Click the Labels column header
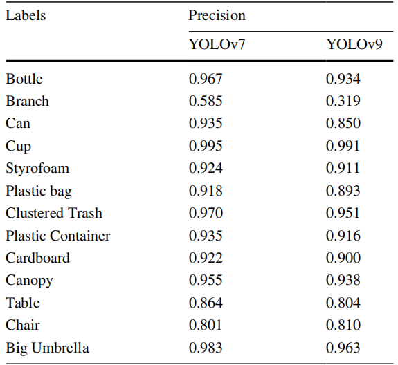(x=26, y=15)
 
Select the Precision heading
(x=217, y=15)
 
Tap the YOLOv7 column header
(x=217, y=44)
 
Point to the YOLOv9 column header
(x=354, y=44)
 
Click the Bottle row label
(x=24, y=79)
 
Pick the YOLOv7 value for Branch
(x=206, y=101)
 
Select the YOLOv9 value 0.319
(x=343, y=101)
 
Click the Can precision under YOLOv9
(x=343, y=123)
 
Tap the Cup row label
(x=18, y=147)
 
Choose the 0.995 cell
(x=206, y=146)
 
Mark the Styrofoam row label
(x=37, y=169)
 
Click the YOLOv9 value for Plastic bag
(x=343, y=191)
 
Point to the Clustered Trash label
(x=54, y=213)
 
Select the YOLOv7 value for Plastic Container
(x=206, y=236)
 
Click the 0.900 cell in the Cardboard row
(x=343, y=258)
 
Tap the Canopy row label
(x=29, y=281)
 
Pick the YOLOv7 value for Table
(x=206, y=303)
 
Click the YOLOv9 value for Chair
(x=343, y=325)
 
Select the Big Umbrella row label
(x=47, y=348)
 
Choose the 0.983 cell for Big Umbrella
(x=206, y=348)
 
